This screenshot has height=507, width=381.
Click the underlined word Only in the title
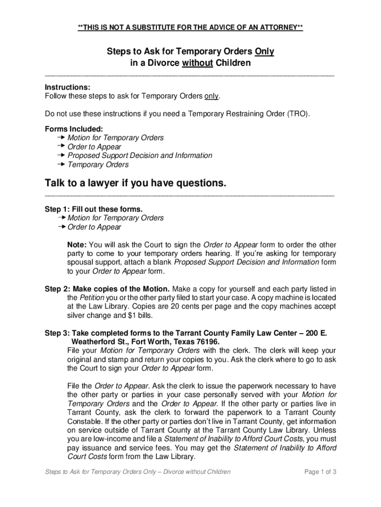tap(264, 52)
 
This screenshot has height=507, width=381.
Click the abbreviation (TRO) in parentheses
tap(298, 114)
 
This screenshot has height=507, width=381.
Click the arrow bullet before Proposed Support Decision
tap(61, 155)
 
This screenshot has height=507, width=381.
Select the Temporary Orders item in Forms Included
tap(98, 165)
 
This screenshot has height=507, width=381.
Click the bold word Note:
tap(77, 245)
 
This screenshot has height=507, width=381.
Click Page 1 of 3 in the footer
tap(321, 472)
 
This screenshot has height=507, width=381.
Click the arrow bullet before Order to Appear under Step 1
tap(61, 227)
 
